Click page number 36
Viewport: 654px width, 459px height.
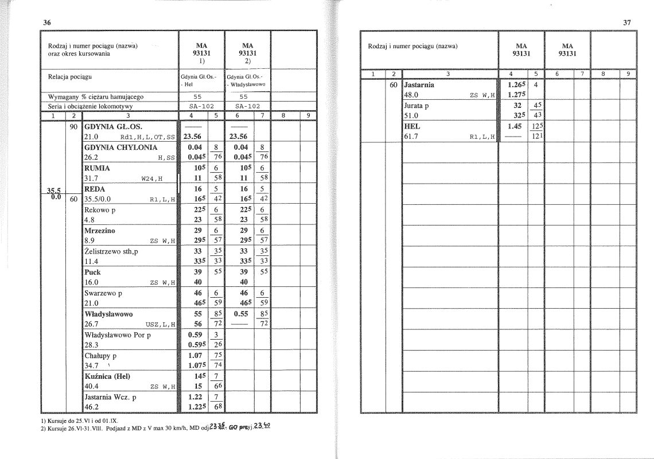[47, 22]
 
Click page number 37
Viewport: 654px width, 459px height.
[626, 22]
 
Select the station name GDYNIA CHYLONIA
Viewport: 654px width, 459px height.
[120, 147]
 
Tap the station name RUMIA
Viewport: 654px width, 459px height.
[97, 168]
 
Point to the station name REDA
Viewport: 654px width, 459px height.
[95, 189]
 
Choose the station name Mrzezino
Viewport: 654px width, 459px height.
[100, 231]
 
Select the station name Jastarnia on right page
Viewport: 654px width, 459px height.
[419, 84]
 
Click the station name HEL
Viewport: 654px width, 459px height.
[412, 126]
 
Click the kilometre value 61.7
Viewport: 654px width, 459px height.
[412, 137]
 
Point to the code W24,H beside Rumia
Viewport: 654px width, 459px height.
[152, 178]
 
